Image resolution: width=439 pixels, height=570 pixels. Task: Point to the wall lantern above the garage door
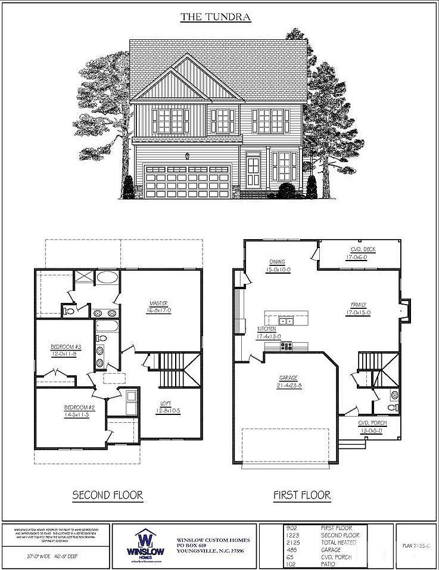point(188,156)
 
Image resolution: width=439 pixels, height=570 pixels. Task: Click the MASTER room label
point(159,303)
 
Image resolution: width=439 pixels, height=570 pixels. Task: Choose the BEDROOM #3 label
point(65,346)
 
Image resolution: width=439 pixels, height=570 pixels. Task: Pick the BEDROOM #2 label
point(76,408)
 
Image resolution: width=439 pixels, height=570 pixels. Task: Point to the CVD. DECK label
point(361,249)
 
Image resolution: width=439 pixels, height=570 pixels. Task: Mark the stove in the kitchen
point(286,345)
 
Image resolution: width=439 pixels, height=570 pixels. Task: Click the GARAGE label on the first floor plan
point(288,378)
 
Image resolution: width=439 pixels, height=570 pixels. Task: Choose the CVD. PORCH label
point(372,423)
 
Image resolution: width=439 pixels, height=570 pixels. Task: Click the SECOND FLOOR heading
point(108,495)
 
